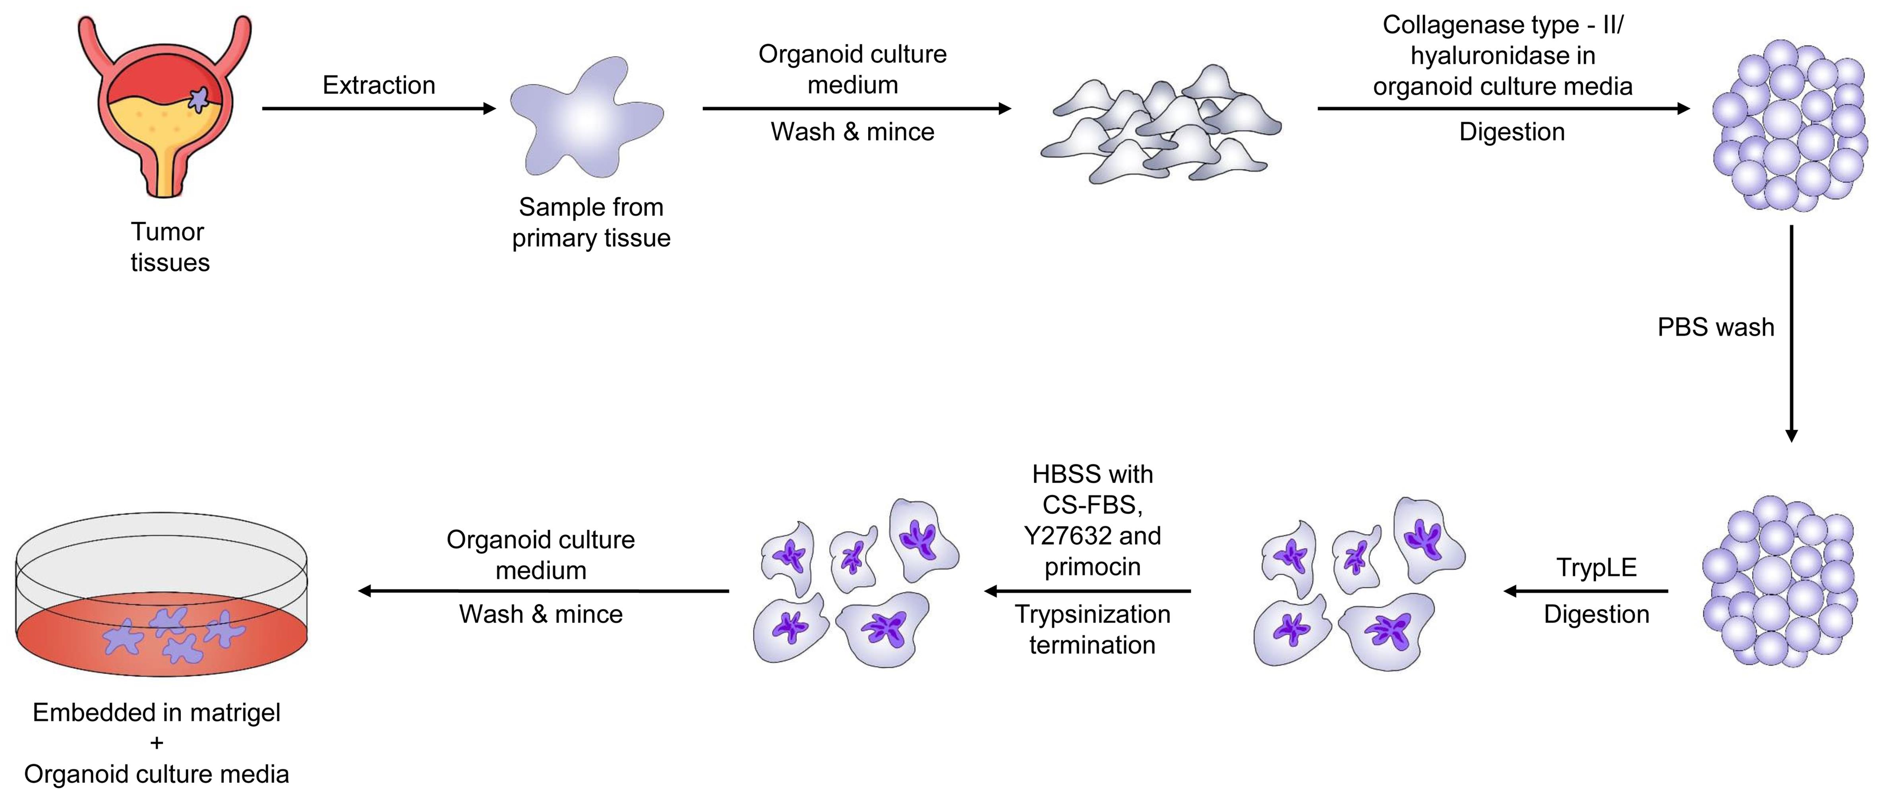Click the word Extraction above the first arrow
(379, 85)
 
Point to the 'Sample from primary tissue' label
(591, 222)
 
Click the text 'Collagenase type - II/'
(1502, 25)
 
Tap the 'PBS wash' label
(1715, 327)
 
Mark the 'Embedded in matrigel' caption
(157, 712)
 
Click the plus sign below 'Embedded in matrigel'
(157, 743)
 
